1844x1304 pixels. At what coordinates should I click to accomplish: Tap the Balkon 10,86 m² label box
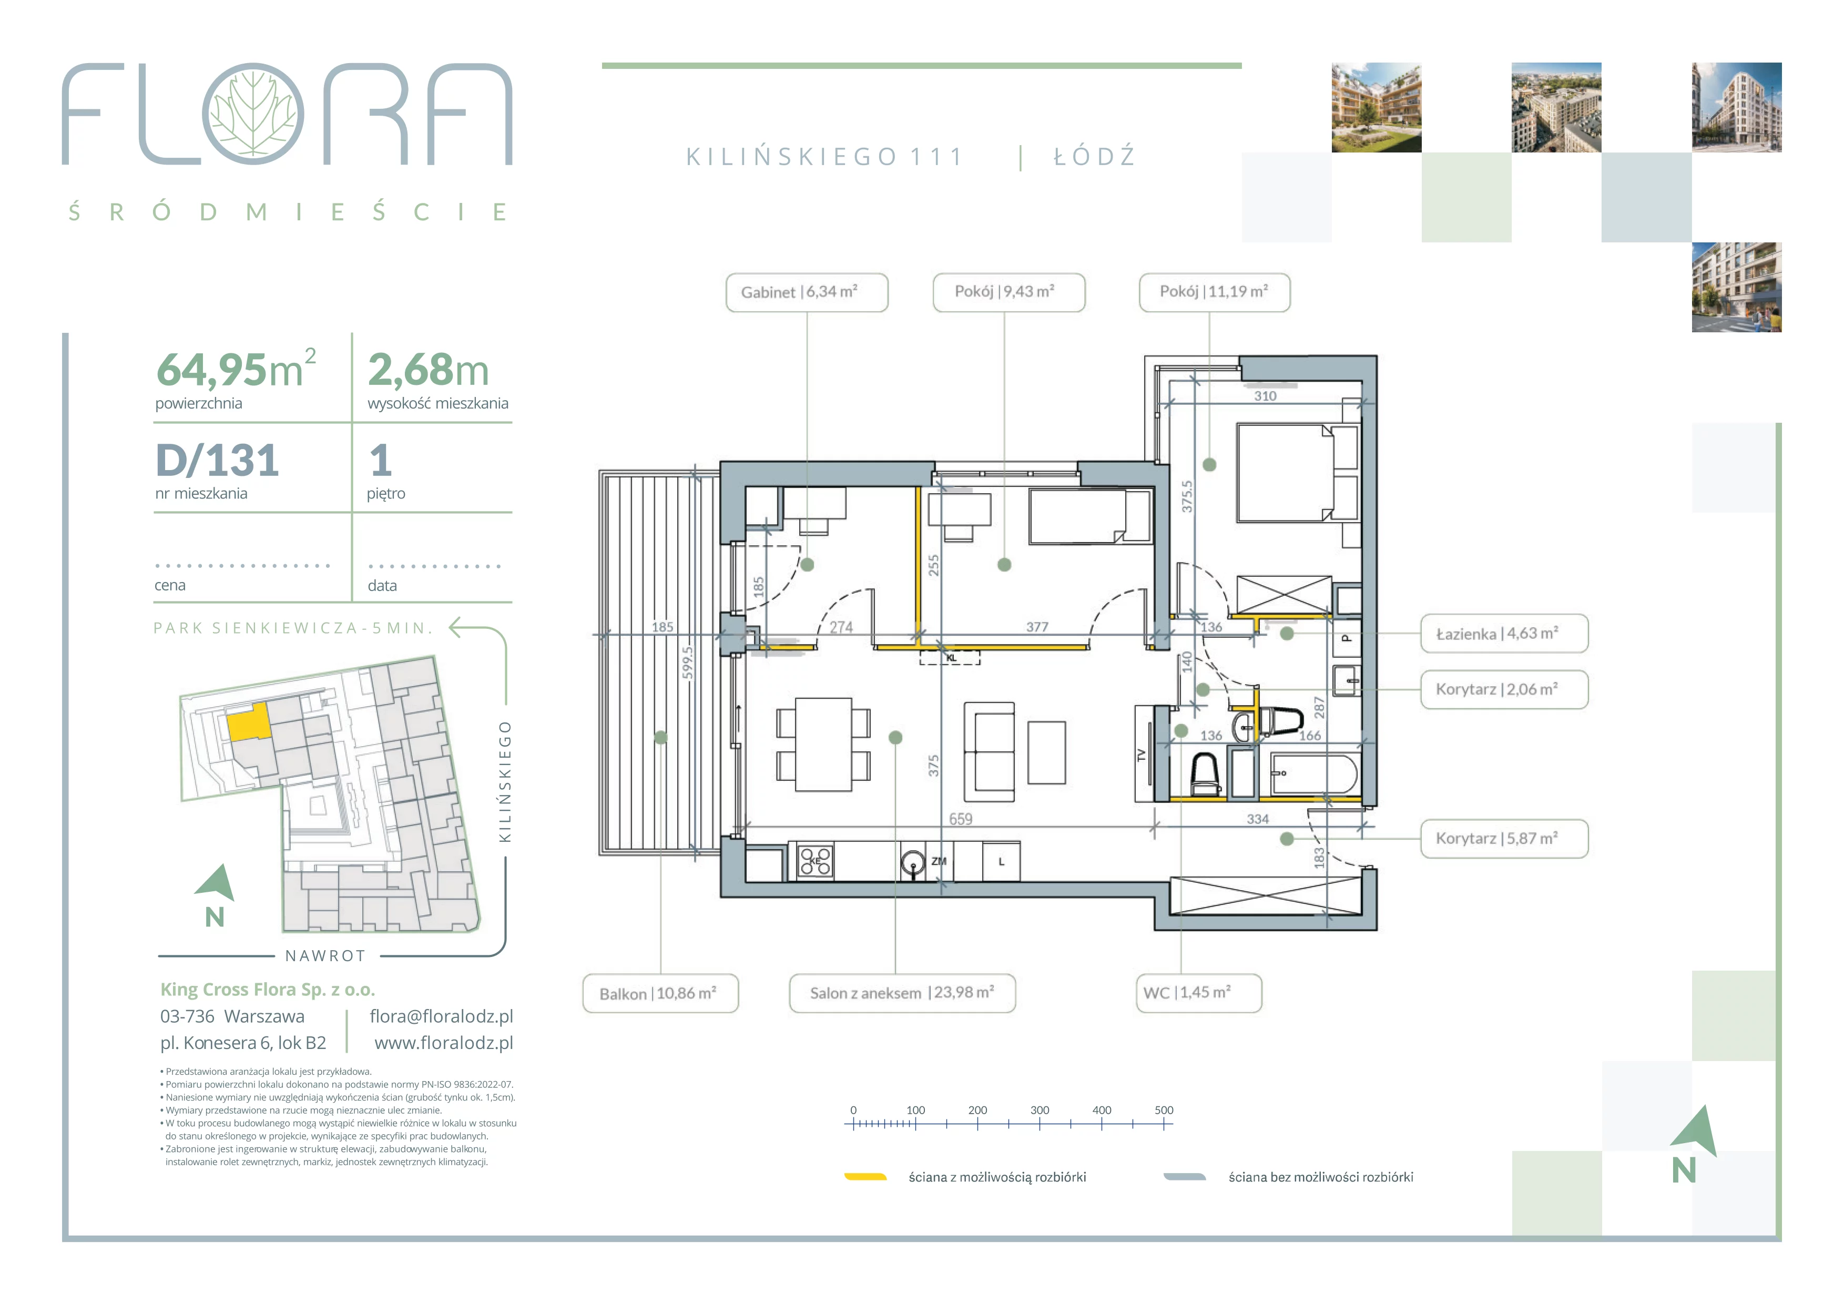pos(660,993)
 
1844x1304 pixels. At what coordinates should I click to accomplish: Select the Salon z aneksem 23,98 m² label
pos(902,993)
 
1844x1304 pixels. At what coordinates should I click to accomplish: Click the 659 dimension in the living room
pos(961,819)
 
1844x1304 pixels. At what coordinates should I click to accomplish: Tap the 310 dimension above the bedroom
pos(1265,396)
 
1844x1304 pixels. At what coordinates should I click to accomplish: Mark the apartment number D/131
pos(218,461)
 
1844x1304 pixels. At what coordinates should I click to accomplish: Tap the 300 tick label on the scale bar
pos(1040,1109)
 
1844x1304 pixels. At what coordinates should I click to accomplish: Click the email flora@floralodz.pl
pos(441,1016)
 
